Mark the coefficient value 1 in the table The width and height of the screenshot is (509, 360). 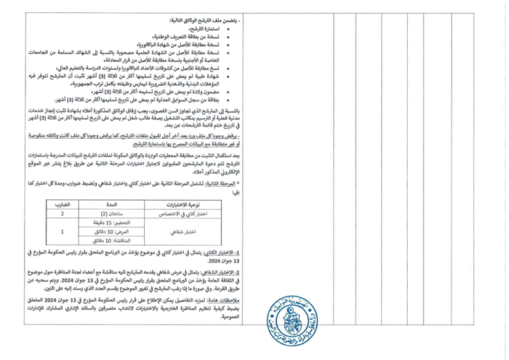tap(63, 232)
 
